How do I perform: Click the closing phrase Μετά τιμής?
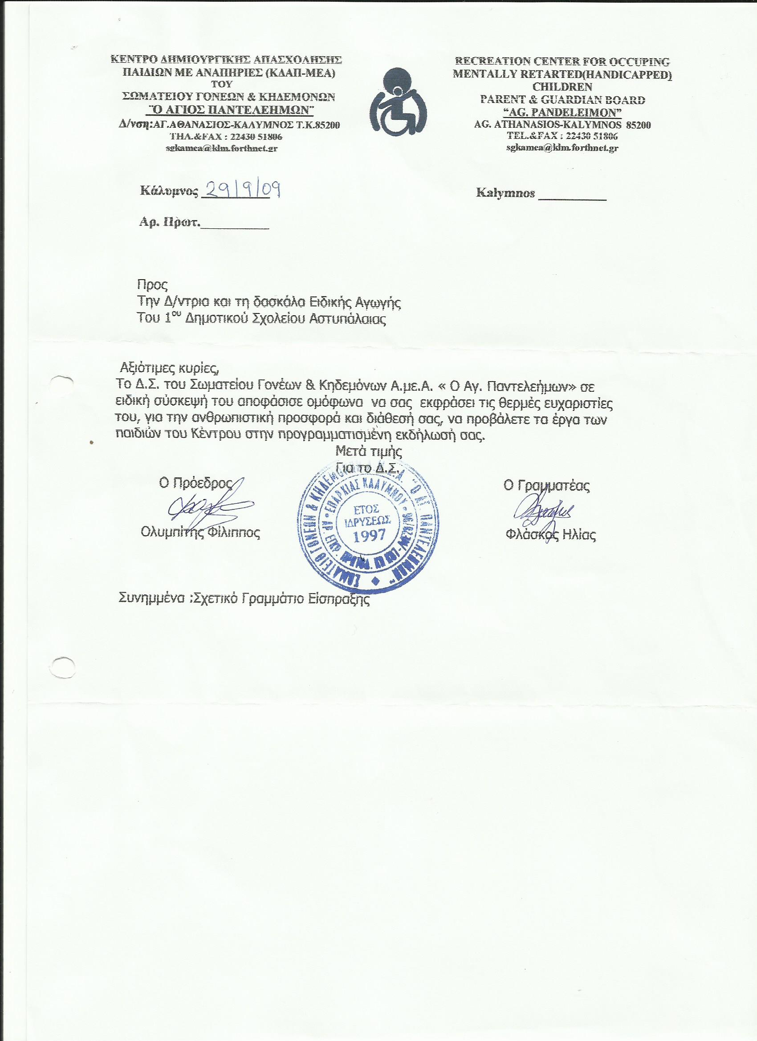tap(369, 451)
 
